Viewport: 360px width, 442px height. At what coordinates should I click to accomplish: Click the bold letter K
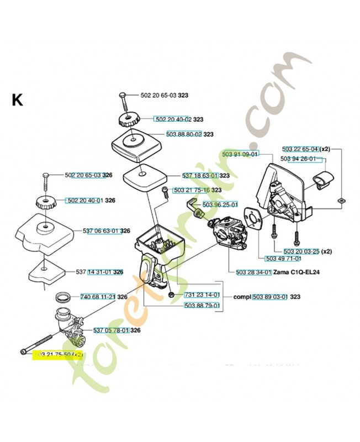coord(17,99)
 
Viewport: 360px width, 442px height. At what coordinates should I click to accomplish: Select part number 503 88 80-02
coord(184,134)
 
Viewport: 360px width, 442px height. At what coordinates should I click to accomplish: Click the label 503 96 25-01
coord(220,205)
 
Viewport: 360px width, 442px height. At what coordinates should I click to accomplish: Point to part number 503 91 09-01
coord(239,154)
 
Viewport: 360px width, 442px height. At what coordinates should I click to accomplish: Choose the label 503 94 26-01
coord(298,159)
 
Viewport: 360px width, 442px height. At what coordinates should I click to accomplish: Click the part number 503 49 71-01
coord(283,258)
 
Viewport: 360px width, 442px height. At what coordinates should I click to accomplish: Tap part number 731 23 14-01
coord(202,294)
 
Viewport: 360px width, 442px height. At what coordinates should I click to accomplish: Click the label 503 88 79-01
coord(202,305)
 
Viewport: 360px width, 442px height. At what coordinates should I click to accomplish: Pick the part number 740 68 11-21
coord(98,297)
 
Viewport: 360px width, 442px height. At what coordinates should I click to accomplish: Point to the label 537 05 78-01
coord(110,330)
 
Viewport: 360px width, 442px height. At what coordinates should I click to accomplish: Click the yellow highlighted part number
coord(58,355)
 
